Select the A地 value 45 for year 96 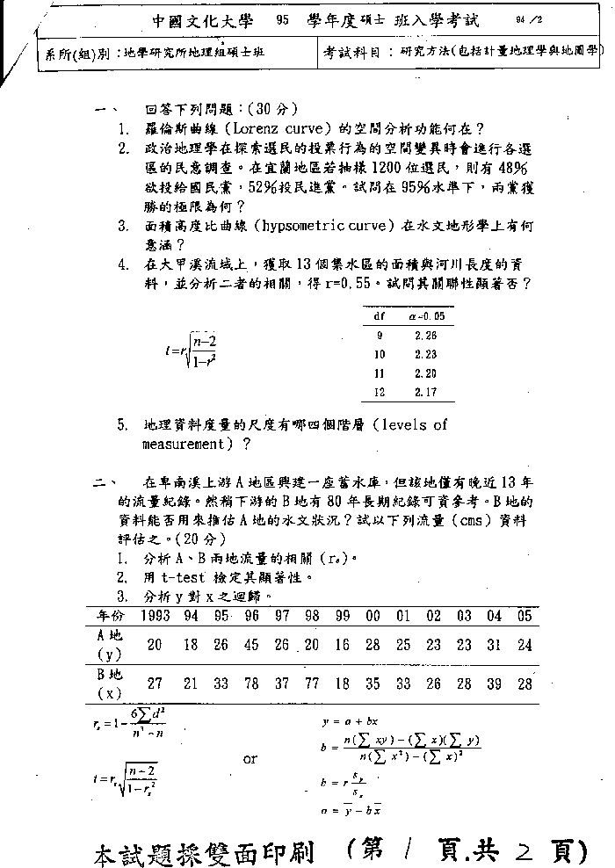click(251, 645)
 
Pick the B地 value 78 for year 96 click(251, 684)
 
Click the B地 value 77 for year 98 click(311, 684)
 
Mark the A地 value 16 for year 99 click(343, 645)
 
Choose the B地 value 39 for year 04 click(495, 684)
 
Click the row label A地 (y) click(109, 644)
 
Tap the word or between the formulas click(250, 758)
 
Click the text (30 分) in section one click(272, 109)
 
